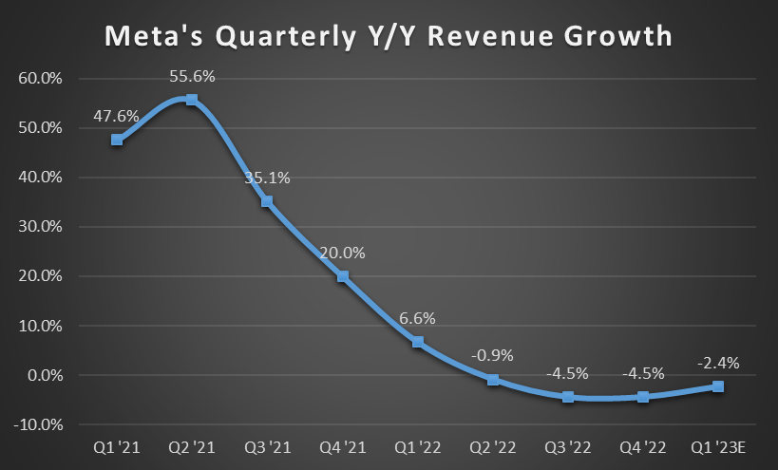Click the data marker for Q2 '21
pyautogui.click(x=192, y=100)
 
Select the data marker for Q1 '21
pyautogui.click(x=117, y=140)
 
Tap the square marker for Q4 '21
pyautogui.click(x=342, y=276)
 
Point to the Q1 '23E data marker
pyautogui.click(x=718, y=386)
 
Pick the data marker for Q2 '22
pyautogui.click(x=492, y=380)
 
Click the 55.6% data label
pyautogui.click(x=192, y=76)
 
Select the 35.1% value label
pyautogui.click(x=267, y=178)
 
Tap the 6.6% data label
pyautogui.click(x=417, y=319)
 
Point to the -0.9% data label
pyautogui.click(x=492, y=355)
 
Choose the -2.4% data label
pyautogui.click(x=718, y=362)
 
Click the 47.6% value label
pyautogui.click(x=116, y=116)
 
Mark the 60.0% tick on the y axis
pyautogui.click(x=40, y=79)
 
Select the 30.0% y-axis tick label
pyautogui.click(x=40, y=227)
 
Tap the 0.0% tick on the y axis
pyautogui.click(x=44, y=375)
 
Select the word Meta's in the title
pyautogui.click(x=151, y=37)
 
